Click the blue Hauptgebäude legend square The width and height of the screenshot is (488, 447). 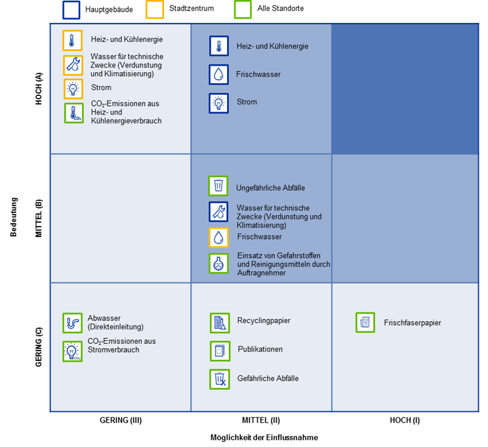pos(71,11)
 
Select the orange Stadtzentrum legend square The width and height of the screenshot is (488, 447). pos(155,10)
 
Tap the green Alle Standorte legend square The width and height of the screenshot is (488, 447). pos(243,10)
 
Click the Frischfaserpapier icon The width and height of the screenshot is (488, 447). pos(365,322)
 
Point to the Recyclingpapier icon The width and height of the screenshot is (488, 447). pos(220,323)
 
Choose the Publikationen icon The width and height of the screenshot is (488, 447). pos(220,351)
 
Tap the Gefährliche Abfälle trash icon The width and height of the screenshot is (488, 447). pos(220,379)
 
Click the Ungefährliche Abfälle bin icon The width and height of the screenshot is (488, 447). pos(218,186)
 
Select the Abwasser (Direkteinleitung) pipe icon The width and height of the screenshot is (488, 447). pos(73,323)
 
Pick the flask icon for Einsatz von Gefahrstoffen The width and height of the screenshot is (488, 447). pos(218,263)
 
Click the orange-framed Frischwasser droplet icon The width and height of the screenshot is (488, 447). pos(218,238)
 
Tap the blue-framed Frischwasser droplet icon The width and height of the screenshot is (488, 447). pos(218,75)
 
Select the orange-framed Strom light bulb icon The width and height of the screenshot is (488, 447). pos(73,89)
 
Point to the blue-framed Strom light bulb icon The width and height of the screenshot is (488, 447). pos(218,103)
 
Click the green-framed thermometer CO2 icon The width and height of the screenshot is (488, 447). pos(73,113)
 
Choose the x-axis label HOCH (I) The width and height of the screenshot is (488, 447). pos(405,420)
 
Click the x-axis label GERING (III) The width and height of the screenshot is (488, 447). pos(121,420)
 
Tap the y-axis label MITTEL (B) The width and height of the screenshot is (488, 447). pos(39,219)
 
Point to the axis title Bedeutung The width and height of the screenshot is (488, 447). pos(14,217)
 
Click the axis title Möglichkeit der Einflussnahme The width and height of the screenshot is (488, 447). pos(264,437)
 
